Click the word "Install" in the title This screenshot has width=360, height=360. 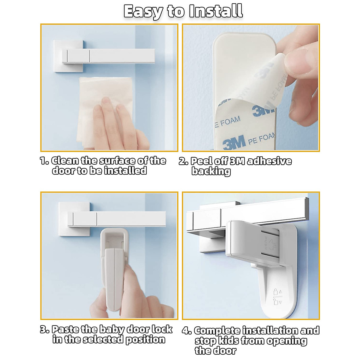[x=216, y=11]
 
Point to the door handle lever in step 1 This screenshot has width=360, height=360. [x=109, y=56]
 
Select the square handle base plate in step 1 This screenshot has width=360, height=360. [x=68, y=56]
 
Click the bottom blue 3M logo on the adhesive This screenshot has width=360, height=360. [x=234, y=142]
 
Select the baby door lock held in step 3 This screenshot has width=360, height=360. [x=114, y=269]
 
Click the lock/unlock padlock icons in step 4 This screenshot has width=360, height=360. [x=277, y=297]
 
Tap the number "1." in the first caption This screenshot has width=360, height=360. [x=44, y=161]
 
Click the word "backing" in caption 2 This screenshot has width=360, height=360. [x=211, y=172]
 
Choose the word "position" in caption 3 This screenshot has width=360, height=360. [x=145, y=340]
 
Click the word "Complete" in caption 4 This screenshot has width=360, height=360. [x=217, y=331]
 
